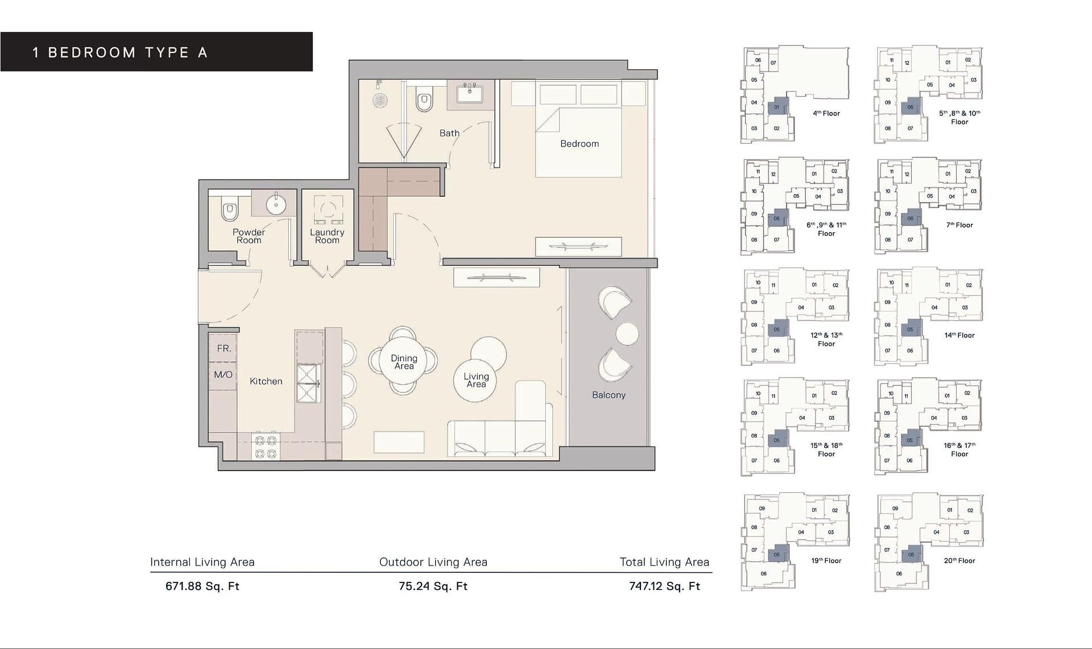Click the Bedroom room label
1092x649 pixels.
[x=579, y=144]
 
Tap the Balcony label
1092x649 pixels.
[x=609, y=395]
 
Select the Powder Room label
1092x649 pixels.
[x=249, y=236]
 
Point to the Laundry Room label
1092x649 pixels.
[x=327, y=236]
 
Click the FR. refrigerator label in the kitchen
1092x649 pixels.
[x=224, y=348]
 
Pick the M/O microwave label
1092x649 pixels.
[x=223, y=375]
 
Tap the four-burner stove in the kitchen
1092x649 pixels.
[x=266, y=447]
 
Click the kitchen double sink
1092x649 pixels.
[x=308, y=384]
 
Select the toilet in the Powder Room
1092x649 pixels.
[x=230, y=210]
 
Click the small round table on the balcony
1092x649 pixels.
[x=627, y=334]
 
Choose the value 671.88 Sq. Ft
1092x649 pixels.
[x=202, y=586]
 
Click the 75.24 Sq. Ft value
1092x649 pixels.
[x=433, y=586]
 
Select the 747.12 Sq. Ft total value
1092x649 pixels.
[x=664, y=586]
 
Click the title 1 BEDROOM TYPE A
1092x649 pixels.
[x=120, y=53]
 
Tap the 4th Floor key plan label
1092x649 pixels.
[x=826, y=113]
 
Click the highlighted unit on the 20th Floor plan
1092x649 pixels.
[x=911, y=554]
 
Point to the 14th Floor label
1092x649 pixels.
[x=959, y=335]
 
